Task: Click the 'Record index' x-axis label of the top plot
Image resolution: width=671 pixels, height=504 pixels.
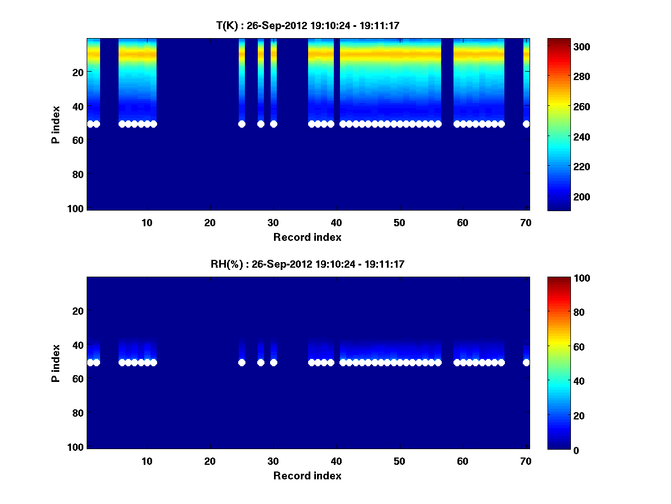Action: point(307,237)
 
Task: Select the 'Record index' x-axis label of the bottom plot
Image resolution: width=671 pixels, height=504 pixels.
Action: point(307,475)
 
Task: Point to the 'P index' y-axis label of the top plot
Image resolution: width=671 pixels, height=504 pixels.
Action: point(56,124)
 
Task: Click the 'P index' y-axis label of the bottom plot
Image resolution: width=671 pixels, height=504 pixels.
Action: point(56,363)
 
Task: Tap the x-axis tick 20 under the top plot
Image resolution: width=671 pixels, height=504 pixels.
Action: point(210,222)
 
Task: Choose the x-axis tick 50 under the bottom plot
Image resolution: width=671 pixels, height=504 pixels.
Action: point(399,461)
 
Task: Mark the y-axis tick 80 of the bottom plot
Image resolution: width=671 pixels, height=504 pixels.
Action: point(78,413)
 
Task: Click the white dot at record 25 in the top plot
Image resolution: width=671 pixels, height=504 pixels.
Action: point(242,124)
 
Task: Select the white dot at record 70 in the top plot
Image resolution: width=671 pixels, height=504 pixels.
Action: point(526,124)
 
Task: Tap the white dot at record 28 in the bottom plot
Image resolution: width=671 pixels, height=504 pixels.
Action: point(261,362)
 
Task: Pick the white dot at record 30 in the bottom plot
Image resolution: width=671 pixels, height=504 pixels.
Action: point(273,362)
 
